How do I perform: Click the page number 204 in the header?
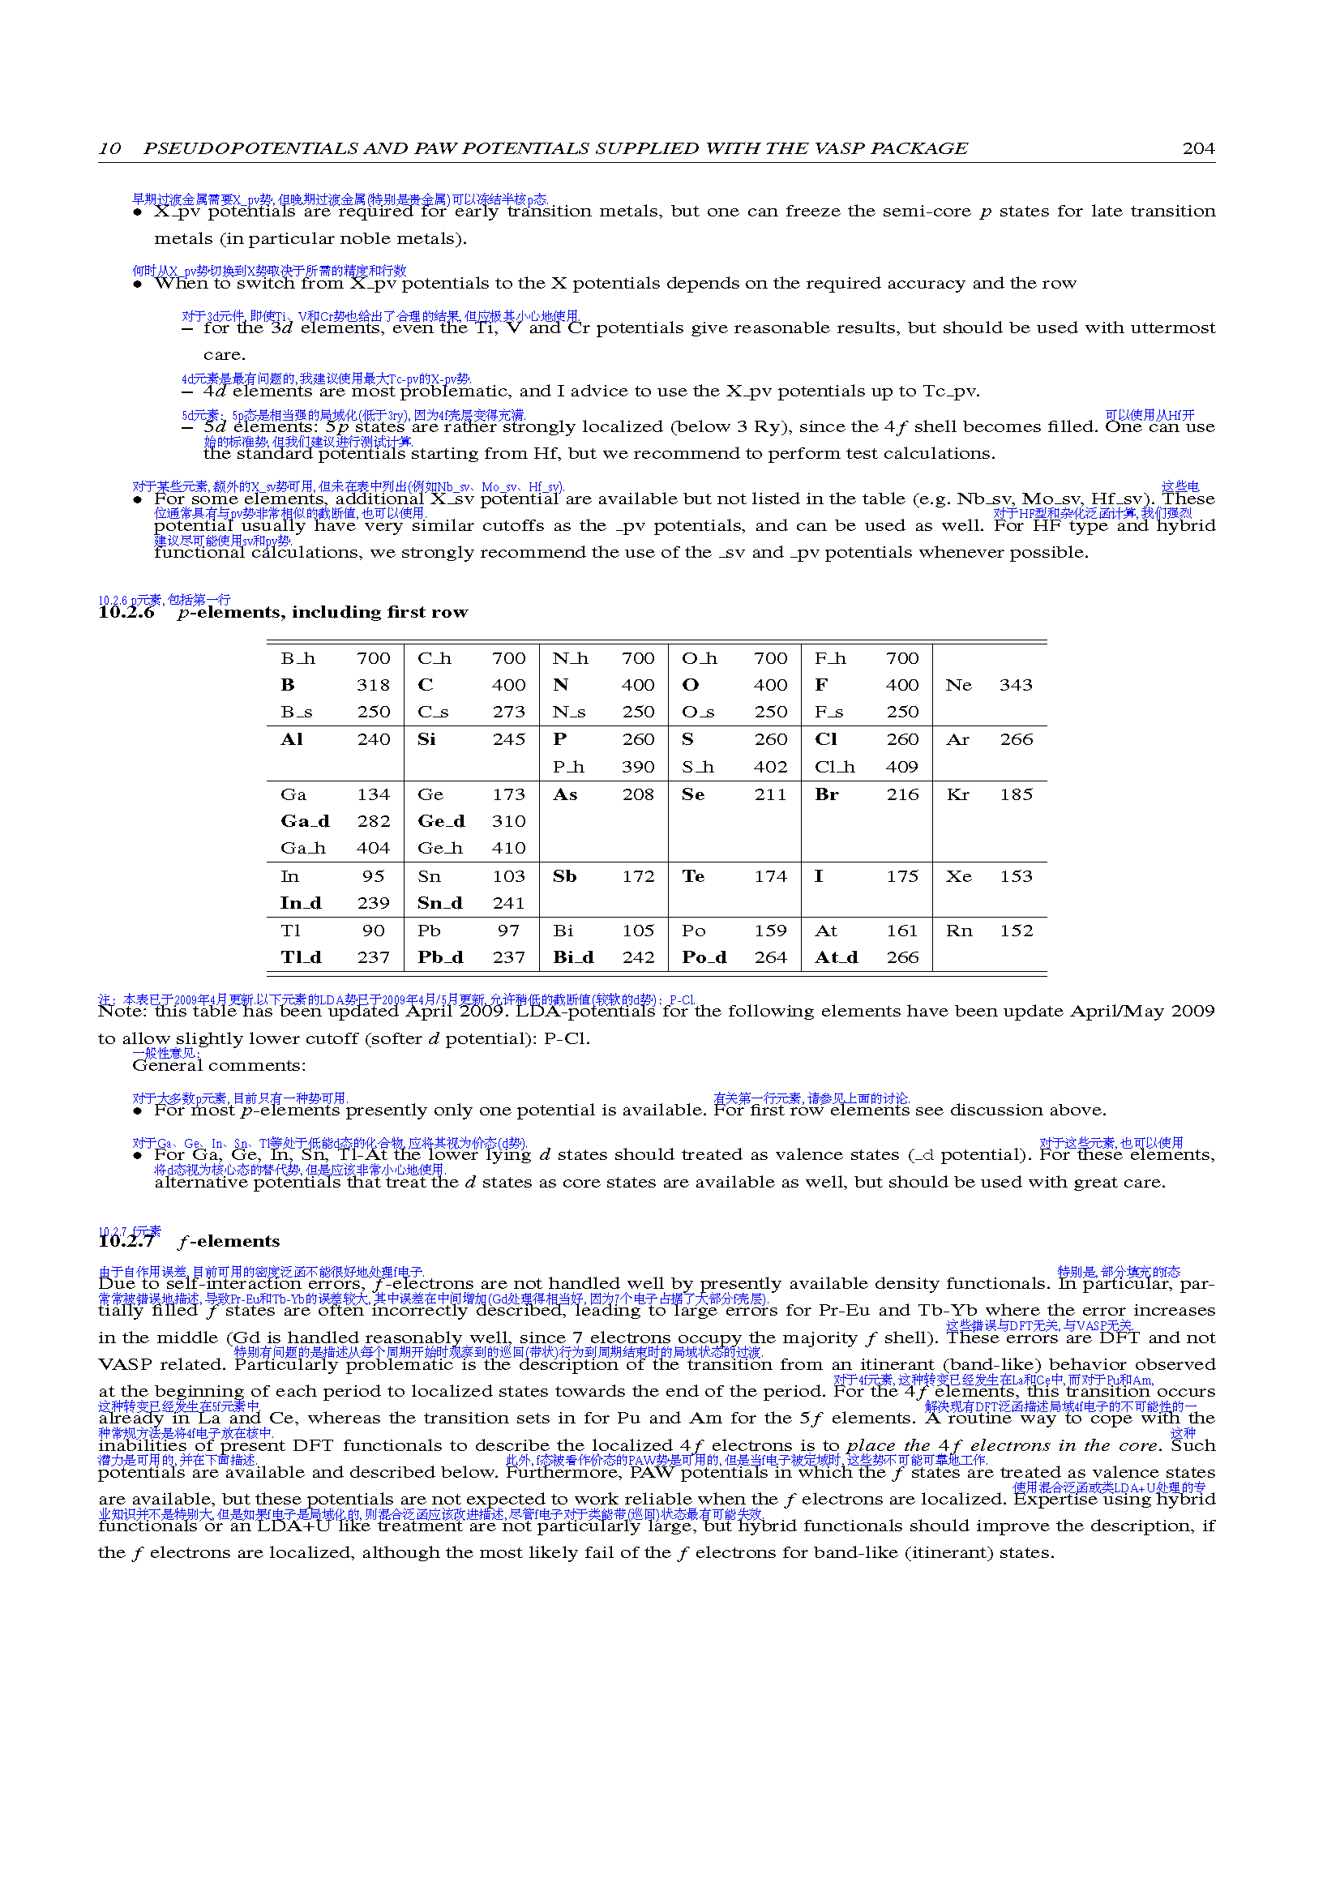pyautogui.click(x=1198, y=148)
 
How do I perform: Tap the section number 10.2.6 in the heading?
pyautogui.click(x=126, y=613)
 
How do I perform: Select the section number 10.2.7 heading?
pyautogui.click(x=126, y=1242)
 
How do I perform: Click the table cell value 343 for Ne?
pyautogui.click(x=1016, y=686)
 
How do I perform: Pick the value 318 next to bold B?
pyautogui.click(x=373, y=686)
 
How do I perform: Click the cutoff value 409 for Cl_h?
pyautogui.click(x=901, y=767)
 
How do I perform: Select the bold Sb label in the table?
pyautogui.click(x=565, y=876)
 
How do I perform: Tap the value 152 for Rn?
pyautogui.click(x=1016, y=931)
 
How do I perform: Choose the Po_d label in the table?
pyautogui.click(x=704, y=957)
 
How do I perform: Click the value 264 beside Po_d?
pyautogui.click(x=770, y=957)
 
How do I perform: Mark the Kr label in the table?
pyautogui.click(x=957, y=794)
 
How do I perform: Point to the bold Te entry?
pyautogui.click(x=693, y=876)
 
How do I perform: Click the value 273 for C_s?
pyautogui.click(x=508, y=712)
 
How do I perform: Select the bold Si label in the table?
pyautogui.click(x=426, y=739)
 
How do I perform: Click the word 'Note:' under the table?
pyautogui.click(x=122, y=1012)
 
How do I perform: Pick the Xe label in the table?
pyautogui.click(x=957, y=876)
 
